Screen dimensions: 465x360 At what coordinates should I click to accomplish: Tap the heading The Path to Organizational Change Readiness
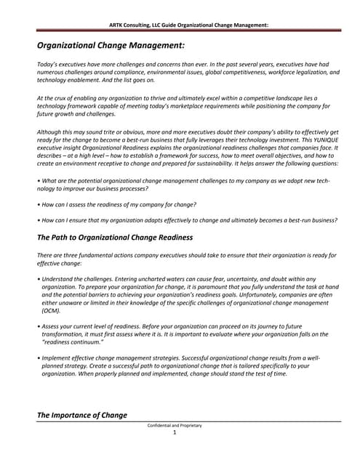114,238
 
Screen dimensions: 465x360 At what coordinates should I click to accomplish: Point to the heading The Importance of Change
81,415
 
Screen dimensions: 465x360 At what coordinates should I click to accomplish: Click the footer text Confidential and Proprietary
175,425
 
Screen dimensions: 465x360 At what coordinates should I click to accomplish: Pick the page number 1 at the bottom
175,432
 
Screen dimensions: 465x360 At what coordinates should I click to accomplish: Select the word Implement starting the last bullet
57,358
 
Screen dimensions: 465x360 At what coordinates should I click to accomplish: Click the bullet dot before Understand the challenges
38,279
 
